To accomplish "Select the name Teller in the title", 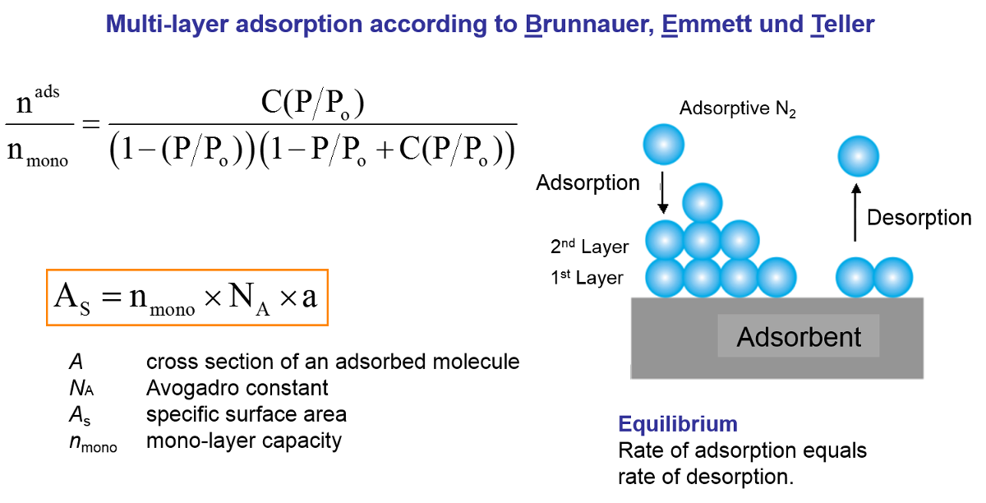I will (x=842, y=25).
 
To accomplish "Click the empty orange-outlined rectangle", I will (x=187, y=298).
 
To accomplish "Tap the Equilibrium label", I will (x=678, y=425).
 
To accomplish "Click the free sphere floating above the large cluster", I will (x=664, y=145).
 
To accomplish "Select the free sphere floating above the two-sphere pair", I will (x=859, y=156).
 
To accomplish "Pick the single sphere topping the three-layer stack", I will (x=703, y=202).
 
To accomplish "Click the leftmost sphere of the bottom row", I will (x=665, y=277).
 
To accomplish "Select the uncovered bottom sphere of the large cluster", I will (x=777, y=277).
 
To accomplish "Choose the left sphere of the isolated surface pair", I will (x=855, y=277).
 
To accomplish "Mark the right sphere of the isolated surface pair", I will (x=893, y=277).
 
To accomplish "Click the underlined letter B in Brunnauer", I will (x=532, y=25).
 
